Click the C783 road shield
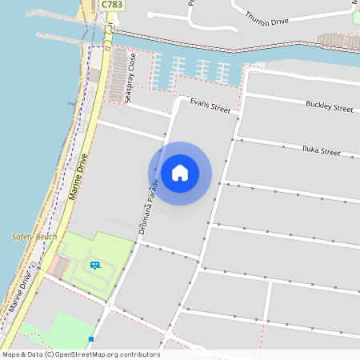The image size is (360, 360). [112, 6]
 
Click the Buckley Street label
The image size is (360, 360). [329, 106]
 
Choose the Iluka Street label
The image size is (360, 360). [321, 150]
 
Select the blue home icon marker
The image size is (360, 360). [180, 173]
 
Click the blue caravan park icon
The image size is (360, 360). [94, 265]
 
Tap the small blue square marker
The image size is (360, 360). [91, 339]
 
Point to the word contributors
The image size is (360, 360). [139, 354]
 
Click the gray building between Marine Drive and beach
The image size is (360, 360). [94, 74]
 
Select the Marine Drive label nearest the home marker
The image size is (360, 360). [80, 178]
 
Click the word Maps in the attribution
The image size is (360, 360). [11, 354]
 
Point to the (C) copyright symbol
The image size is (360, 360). [50, 354]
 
